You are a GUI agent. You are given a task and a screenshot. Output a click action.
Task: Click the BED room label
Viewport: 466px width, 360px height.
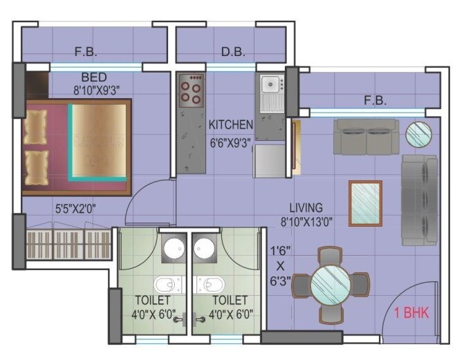click(94, 76)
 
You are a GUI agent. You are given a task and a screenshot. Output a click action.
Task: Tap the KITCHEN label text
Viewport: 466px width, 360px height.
click(231, 125)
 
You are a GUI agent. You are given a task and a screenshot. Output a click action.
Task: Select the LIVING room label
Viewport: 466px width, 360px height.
click(306, 207)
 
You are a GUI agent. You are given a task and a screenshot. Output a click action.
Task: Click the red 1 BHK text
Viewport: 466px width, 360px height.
click(411, 313)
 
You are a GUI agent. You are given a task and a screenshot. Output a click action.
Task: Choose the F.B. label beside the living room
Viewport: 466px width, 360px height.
click(375, 101)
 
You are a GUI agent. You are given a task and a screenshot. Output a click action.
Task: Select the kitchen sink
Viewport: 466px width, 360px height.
click(270, 86)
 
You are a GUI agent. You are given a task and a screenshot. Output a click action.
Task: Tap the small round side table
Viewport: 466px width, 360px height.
click(418, 133)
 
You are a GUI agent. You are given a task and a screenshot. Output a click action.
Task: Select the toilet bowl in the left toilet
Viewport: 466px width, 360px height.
click(166, 284)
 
